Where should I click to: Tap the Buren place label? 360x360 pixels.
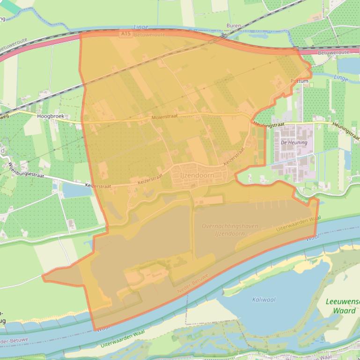(x=234, y=26)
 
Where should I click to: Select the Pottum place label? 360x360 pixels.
(x=300, y=81)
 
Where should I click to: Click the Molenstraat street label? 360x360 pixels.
(x=164, y=117)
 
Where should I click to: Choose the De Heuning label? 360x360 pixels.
(x=294, y=142)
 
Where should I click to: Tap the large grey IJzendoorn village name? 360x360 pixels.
(x=197, y=175)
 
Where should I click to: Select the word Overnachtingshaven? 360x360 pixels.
(x=229, y=226)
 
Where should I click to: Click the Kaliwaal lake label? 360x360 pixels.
(x=264, y=300)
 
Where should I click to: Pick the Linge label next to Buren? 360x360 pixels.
(x=140, y=27)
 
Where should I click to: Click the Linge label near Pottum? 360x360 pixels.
(x=341, y=78)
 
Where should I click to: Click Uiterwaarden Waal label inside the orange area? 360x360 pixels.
(x=298, y=224)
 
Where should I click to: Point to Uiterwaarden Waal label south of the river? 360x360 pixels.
(x=123, y=338)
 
